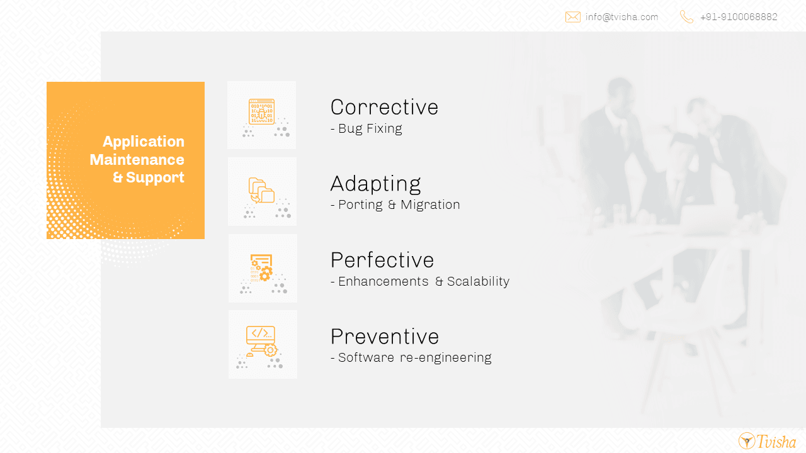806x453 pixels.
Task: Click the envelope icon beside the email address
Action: pos(572,17)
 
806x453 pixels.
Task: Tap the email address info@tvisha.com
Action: pos(622,17)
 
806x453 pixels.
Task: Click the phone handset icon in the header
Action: pos(686,17)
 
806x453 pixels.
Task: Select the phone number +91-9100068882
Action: pos(739,17)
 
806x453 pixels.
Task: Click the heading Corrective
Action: pos(384,107)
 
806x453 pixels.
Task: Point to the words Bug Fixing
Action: pos(370,128)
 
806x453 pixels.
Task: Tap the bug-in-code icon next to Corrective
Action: pos(261,112)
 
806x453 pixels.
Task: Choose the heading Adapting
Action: pos(375,184)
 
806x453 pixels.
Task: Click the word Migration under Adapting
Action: pos(430,204)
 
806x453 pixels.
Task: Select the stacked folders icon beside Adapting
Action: pos(261,191)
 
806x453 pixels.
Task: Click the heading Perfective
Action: pos(382,260)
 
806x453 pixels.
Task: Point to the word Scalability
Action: pos(478,281)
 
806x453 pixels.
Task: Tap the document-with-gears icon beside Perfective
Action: pos(261,267)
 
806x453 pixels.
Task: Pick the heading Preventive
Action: pos(385,337)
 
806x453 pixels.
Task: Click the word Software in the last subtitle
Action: pos(366,357)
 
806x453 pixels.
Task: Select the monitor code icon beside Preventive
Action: pos(261,341)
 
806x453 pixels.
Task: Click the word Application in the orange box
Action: pos(144,142)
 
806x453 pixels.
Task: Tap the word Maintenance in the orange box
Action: pos(137,160)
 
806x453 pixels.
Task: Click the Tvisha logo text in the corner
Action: pos(776,442)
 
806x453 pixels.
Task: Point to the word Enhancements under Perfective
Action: pos(383,281)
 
